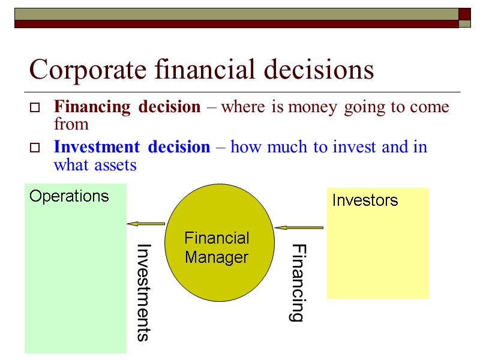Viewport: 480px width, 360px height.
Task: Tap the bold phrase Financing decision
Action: point(127,107)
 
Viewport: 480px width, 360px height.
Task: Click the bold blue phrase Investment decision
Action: point(132,147)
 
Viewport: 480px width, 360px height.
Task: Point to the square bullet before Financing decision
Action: point(35,109)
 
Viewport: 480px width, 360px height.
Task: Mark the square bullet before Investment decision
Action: point(35,148)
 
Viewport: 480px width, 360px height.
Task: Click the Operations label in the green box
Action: point(69,196)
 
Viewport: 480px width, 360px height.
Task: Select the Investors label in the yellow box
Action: point(365,200)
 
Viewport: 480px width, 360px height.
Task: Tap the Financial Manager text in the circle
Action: point(217,248)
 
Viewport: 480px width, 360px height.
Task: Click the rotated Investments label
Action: point(142,292)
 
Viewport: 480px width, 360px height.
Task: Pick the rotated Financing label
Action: point(297,283)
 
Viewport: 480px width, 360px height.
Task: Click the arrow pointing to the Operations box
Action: point(146,224)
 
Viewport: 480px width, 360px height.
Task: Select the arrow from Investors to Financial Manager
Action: point(298,227)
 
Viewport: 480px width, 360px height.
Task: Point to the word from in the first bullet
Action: point(71,124)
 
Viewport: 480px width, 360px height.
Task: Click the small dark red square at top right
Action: point(465,14)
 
